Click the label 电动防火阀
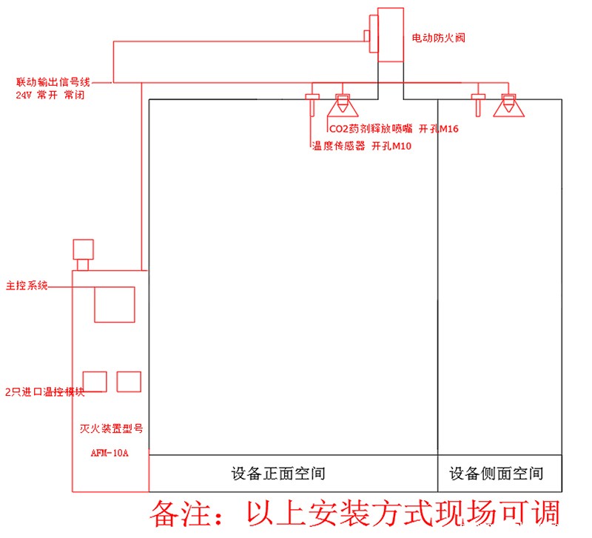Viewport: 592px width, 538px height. tap(438, 37)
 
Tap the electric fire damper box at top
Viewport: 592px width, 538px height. tap(389, 35)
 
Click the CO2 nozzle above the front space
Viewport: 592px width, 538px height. tap(342, 105)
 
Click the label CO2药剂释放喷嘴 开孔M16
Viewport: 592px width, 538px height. tap(394, 130)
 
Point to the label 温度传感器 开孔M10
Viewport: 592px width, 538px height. tap(361, 147)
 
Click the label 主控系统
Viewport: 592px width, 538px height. tap(27, 285)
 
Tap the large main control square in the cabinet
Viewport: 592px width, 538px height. tap(114, 304)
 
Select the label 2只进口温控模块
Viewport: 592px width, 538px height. tap(44, 392)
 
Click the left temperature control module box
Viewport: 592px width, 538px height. tap(95, 381)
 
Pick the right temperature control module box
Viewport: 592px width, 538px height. tap(129, 381)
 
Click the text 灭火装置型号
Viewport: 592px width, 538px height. tap(110, 428)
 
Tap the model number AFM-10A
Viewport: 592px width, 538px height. tap(109, 453)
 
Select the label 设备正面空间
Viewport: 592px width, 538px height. tap(277, 473)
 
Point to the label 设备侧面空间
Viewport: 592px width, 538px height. tap(497, 473)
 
